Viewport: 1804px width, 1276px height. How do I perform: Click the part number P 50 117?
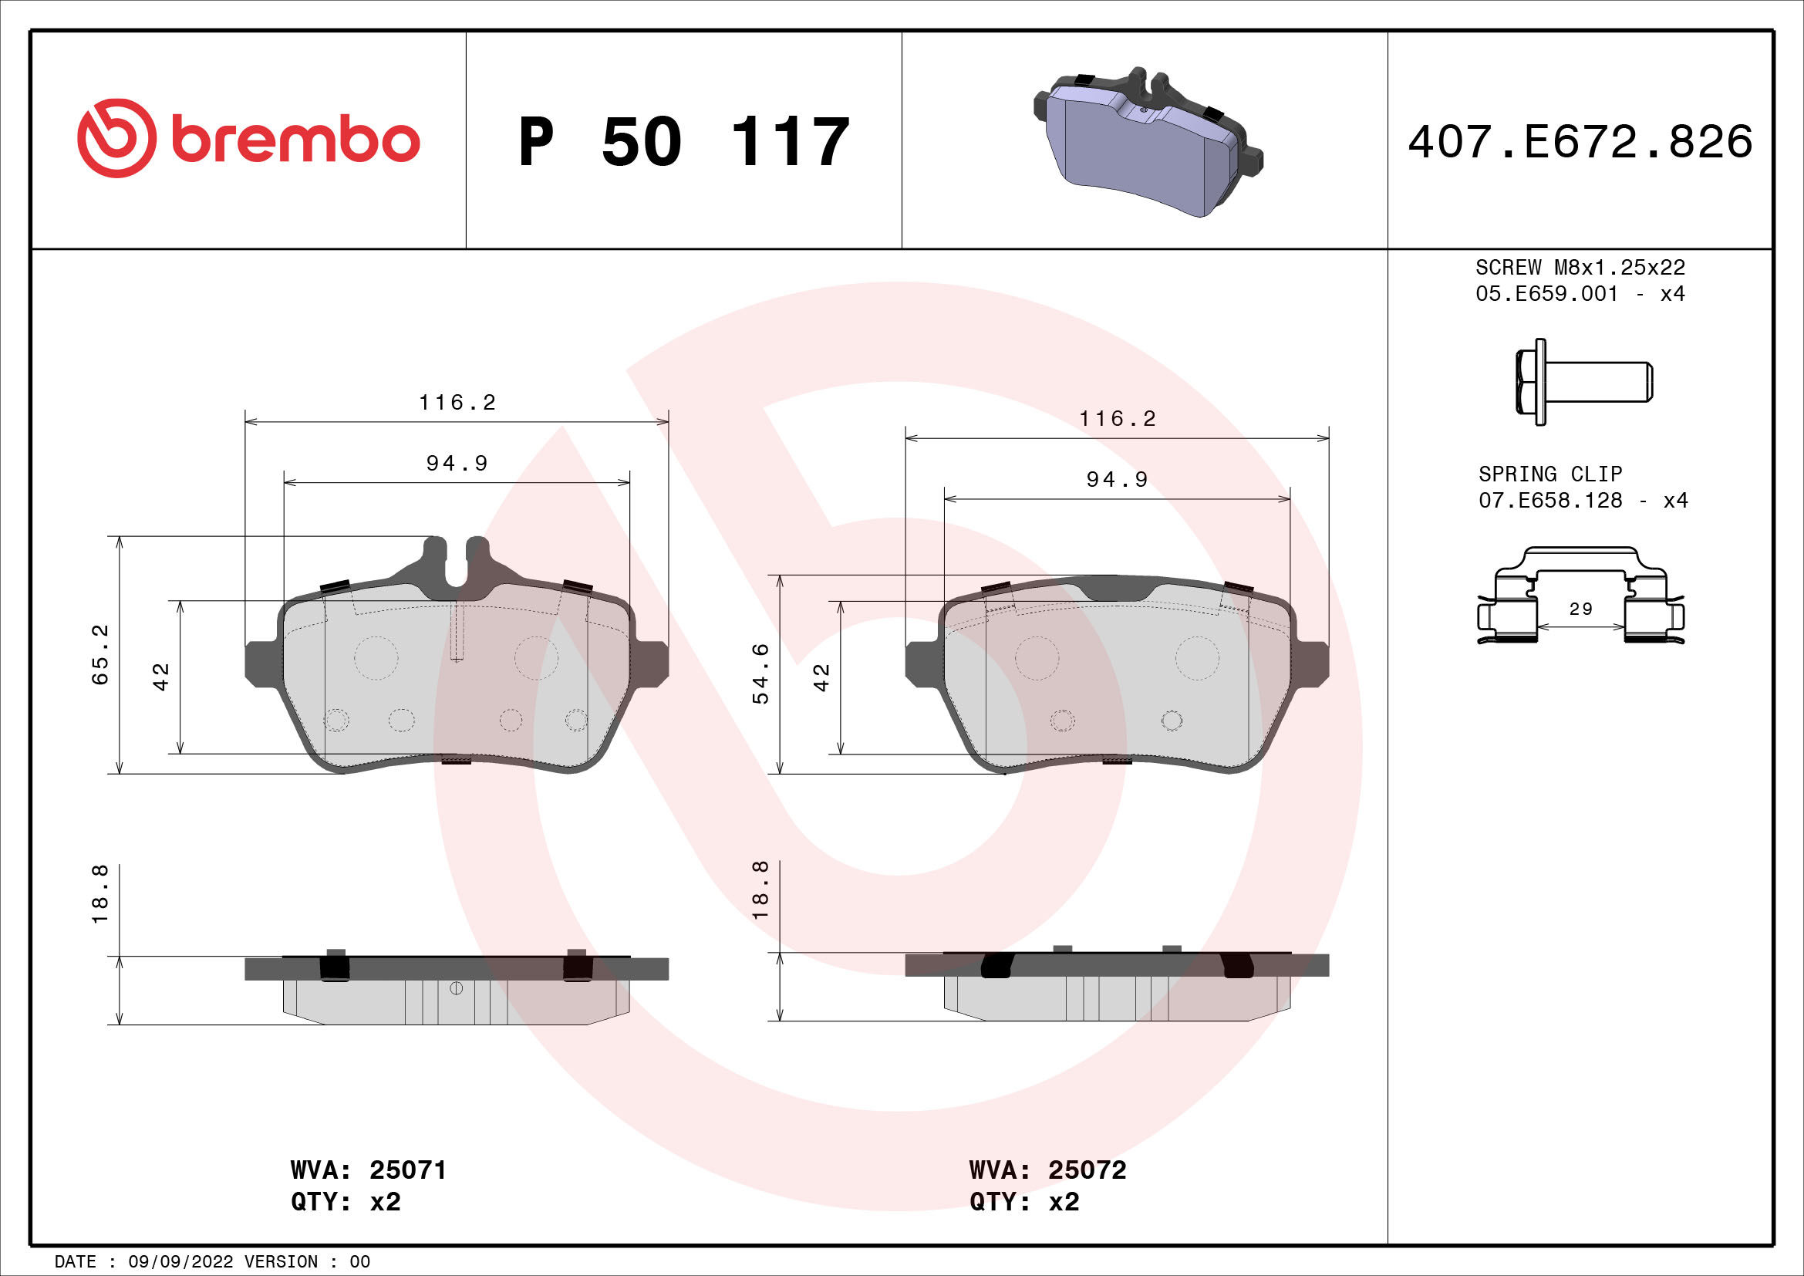coord(683,142)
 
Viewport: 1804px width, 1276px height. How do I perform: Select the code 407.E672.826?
coord(1580,142)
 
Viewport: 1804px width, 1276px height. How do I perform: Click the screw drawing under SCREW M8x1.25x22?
coord(1583,382)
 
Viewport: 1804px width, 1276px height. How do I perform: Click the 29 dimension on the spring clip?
coord(1580,609)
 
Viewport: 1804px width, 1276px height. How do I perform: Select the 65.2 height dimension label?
coord(100,654)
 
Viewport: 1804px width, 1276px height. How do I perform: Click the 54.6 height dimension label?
coord(760,673)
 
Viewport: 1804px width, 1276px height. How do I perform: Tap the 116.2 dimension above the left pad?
coord(457,403)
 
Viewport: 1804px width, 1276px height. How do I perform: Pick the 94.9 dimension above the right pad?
coord(1117,479)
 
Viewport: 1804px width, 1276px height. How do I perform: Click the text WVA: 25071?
coord(369,1170)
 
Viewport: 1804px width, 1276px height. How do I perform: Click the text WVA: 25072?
coord(1047,1170)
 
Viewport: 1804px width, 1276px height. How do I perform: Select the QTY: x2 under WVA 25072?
coord(1023,1202)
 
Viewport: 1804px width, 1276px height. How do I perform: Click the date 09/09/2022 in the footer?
coord(180,1262)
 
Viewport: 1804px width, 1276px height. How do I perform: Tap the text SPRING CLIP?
coord(1549,474)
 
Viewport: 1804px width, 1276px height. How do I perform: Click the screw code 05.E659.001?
coord(1546,294)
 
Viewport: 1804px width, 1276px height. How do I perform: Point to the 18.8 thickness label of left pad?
coord(100,894)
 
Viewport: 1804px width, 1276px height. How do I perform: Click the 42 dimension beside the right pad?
coord(822,677)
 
